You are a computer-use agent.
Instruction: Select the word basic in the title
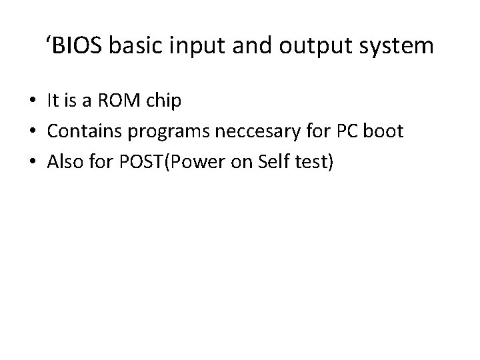point(127,47)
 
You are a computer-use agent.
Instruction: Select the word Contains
point(79,131)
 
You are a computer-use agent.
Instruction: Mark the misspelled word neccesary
point(247,132)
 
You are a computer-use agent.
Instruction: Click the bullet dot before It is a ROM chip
point(33,102)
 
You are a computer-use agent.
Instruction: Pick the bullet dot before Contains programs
point(33,132)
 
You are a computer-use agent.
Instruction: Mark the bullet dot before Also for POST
point(33,162)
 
